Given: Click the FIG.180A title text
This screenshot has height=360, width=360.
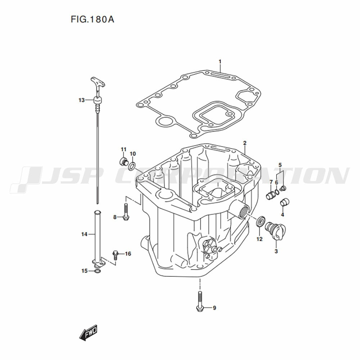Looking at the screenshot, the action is point(92,19).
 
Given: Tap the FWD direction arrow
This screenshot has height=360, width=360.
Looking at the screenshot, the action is point(89,332).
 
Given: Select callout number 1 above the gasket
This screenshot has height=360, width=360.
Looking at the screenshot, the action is point(220,62).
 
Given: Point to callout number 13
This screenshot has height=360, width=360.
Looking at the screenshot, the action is point(81,100).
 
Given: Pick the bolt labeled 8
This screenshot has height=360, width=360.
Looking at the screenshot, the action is point(126,212).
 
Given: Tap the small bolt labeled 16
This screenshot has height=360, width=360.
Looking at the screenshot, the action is point(115,255).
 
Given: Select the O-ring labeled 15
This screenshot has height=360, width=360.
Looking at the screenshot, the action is point(98,272).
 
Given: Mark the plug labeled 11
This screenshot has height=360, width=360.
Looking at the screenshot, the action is point(124,161).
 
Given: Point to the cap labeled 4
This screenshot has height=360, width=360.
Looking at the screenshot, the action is point(285,202).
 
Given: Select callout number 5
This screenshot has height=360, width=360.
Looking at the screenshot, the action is point(280,165).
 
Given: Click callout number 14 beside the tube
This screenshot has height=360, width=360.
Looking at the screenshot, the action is point(84,234).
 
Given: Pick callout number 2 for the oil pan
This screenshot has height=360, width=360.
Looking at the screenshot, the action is point(245,143).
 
